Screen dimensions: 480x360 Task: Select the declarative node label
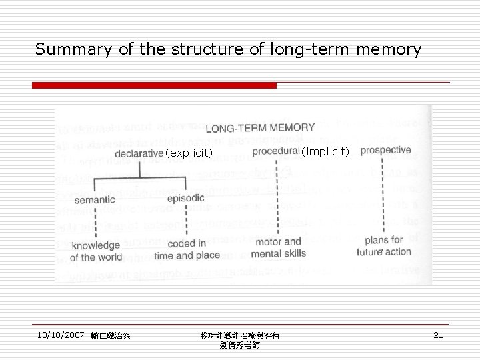pos(139,153)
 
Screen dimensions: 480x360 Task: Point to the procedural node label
pos(275,151)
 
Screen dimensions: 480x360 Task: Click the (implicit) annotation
pos(325,152)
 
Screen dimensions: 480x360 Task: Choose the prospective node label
pos(385,150)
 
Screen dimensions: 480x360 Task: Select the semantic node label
pos(95,199)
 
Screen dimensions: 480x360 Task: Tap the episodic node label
pos(185,198)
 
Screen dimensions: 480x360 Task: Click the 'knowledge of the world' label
pos(96,251)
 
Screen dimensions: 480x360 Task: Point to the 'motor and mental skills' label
pos(279,247)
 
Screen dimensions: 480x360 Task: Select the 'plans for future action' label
pos(384,245)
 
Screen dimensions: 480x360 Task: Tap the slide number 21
pos(438,335)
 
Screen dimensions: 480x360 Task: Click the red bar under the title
pos(154,85)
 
